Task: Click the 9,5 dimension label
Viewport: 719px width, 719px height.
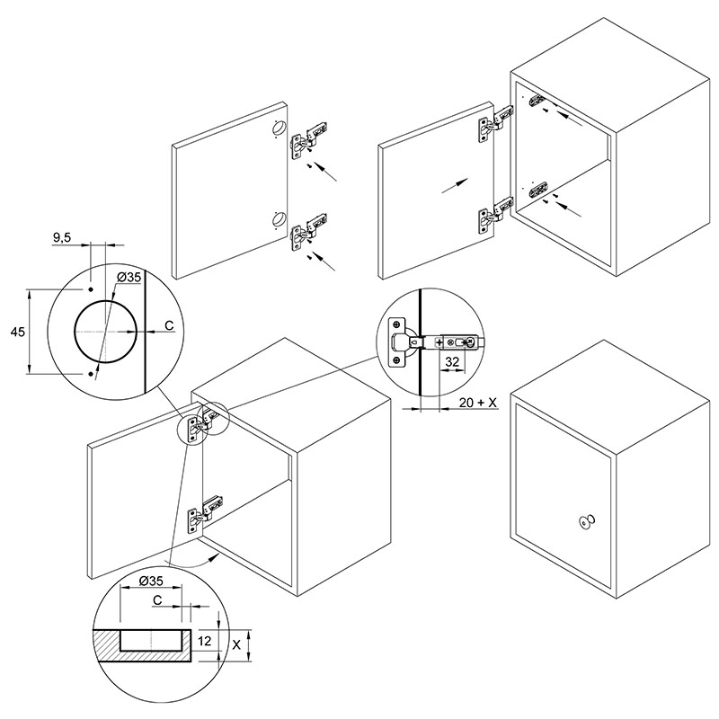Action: [x=62, y=237]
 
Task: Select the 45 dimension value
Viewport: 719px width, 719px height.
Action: [x=17, y=332]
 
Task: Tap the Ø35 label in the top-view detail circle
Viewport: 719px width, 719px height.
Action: [x=129, y=278]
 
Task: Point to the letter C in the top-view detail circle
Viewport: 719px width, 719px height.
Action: [x=169, y=325]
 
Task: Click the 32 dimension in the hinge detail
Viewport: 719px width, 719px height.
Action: [x=452, y=362]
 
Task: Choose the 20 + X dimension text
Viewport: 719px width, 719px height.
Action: [x=478, y=403]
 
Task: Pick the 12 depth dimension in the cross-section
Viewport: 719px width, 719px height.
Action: [x=205, y=640]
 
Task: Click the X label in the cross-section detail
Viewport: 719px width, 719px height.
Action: [x=236, y=644]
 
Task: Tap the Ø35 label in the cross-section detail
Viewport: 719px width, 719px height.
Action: [x=150, y=581]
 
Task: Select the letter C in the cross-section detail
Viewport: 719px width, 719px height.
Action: [x=157, y=600]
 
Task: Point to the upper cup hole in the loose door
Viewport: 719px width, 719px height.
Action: [x=278, y=127]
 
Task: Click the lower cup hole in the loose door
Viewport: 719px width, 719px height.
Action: [x=278, y=219]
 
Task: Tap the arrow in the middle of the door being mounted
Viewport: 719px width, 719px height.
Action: [x=456, y=186]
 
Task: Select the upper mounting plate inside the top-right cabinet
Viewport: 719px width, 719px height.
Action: [x=537, y=99]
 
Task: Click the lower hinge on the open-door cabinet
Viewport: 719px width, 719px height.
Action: [x=205, y=513]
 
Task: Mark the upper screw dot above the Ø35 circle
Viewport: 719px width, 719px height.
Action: [x=91, y=289]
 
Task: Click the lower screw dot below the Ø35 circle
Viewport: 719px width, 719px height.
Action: [x=91, y=374]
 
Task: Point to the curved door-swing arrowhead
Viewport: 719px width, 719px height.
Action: [x=214, y=556]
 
